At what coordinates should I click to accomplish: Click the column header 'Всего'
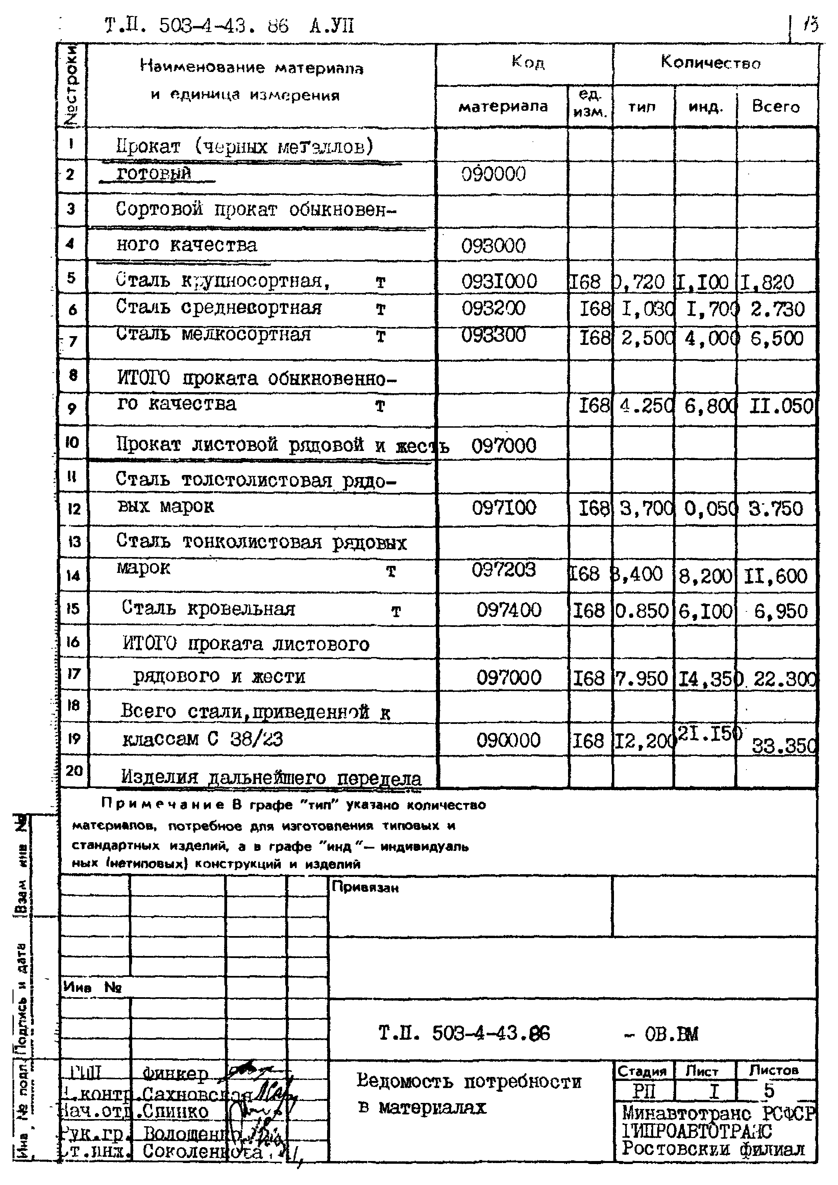[x=775, y=106]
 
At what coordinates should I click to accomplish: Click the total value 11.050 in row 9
[x=781, y=406]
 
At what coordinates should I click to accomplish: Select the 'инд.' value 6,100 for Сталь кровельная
[x=705, y=611]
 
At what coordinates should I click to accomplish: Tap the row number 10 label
[x=72, y=442]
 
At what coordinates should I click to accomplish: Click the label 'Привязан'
[x=365, y=888]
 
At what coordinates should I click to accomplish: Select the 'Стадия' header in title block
[x=642, y=1072]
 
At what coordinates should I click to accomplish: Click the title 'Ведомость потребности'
[x=468, y=1081]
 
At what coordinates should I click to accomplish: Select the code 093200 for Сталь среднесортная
[x=493, y=308]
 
